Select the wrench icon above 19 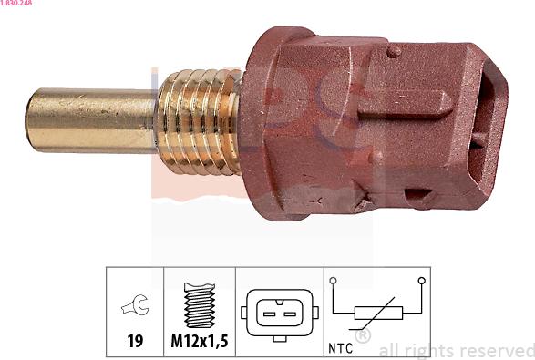click(135, 309)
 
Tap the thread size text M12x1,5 click(200, 344)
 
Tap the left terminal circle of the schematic click(334, 281)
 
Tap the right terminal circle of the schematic click(421, 281)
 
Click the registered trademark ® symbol click(362, 337)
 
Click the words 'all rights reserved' click(455, 350)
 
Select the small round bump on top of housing click(393, 52)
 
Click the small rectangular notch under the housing click(418, 195)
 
